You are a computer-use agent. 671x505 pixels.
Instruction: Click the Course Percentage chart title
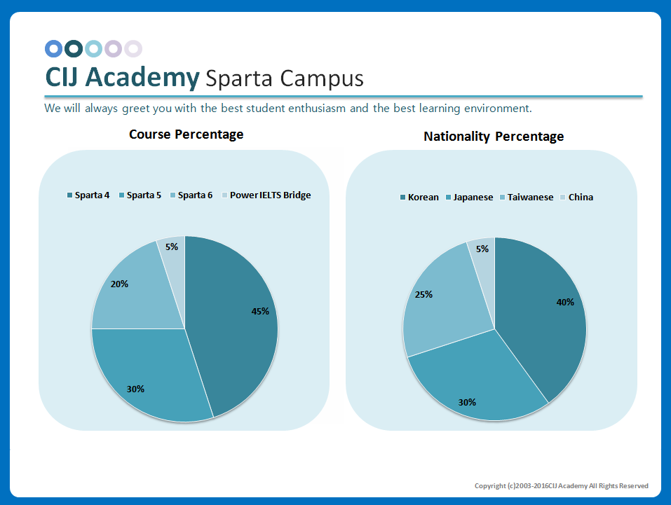(186, 134)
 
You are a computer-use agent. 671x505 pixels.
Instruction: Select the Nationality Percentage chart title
(494, 136)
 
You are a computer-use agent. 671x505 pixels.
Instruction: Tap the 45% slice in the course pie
(238, 315)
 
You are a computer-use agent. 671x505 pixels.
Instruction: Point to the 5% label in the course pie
(172, 247)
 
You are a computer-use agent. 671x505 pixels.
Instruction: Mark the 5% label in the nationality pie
(482, 249)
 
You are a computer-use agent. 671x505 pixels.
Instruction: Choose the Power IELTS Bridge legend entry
(266, 195)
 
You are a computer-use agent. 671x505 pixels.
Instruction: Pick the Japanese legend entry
(469, 197)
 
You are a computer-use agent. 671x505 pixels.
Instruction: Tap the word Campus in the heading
(322, 78)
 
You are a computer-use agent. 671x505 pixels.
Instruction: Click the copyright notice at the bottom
(561, 485)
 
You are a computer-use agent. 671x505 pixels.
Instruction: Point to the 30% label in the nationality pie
(467, 402)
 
